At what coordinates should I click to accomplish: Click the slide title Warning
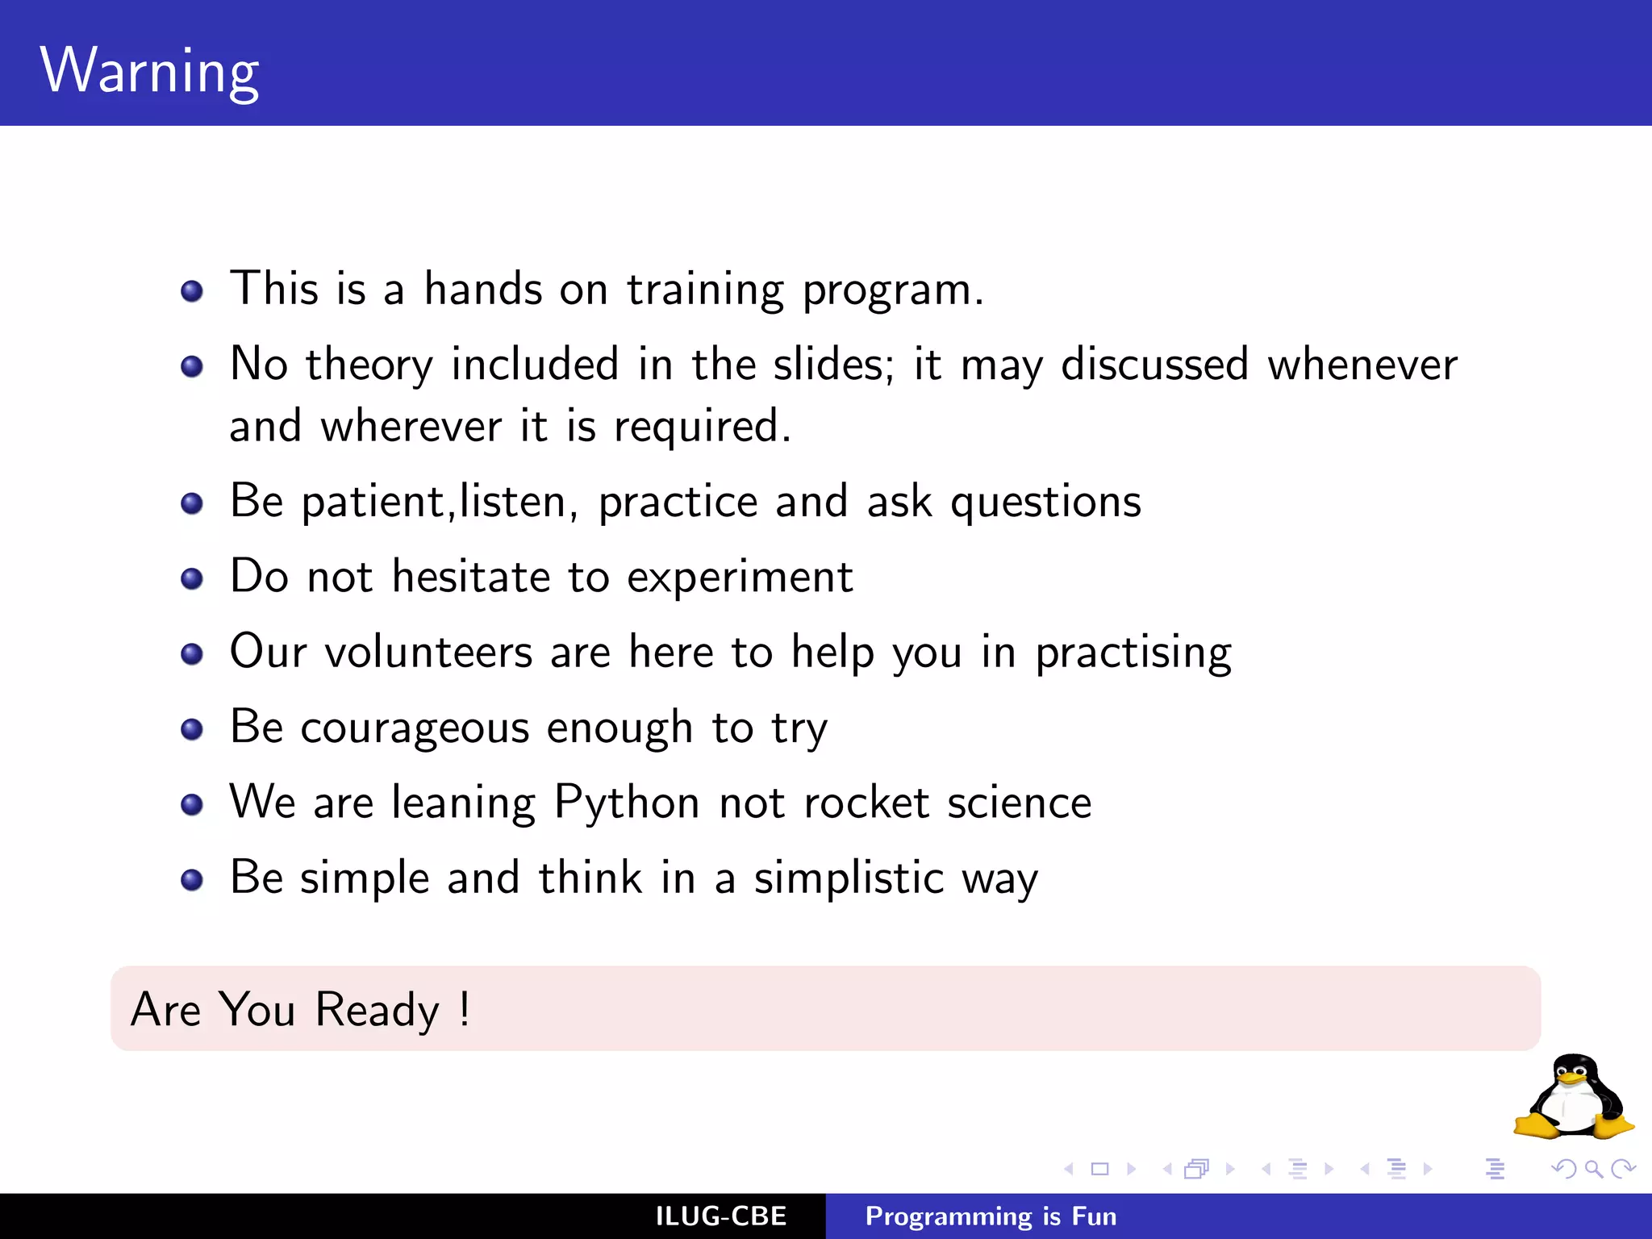click(149, 71)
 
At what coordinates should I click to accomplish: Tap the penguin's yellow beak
click(1571, 1078)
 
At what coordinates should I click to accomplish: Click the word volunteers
click(428, 652)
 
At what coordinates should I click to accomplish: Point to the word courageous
click(415, 728)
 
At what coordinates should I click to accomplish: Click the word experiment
click(740, 578)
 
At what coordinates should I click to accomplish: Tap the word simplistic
click(849, 878)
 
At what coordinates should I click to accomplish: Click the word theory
click(369, 365)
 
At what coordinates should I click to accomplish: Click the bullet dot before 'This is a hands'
click(192, 291)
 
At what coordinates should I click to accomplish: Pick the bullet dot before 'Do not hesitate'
click(192, 578)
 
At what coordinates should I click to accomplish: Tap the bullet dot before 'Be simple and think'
click(192, 879)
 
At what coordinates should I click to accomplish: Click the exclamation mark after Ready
click(465, 1008)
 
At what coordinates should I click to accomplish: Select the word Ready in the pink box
click(377, 1010)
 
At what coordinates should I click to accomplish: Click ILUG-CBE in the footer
click(720, 1216)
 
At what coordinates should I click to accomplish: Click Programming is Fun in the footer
click(991, 1216)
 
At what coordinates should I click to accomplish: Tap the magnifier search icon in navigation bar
click(1593, 1169)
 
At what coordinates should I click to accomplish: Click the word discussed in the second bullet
click(1154, 365)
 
